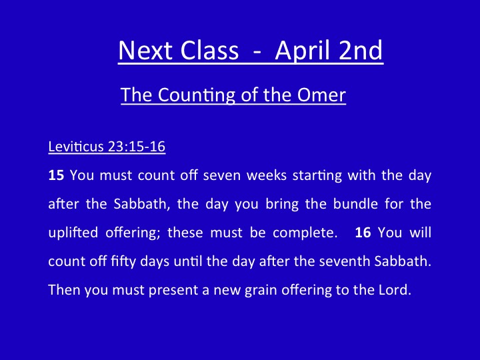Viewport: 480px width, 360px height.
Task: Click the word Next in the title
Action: [x=144, y=50]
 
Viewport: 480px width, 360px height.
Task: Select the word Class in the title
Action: [x=209, y=50]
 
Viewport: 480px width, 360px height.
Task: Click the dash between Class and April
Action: [x=257, y=52]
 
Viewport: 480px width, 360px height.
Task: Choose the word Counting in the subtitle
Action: [x=196, y=95]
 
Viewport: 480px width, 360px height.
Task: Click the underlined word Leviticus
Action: [x=76, y=146]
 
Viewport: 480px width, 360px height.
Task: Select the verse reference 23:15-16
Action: [x=137, y=146]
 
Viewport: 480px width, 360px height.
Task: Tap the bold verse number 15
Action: [x=56, y=175]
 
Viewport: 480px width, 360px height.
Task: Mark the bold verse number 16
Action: [x=363, y=233]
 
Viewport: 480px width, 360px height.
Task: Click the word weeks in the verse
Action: [x=266, y=175]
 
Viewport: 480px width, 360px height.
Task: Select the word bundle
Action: [x=355, y=203]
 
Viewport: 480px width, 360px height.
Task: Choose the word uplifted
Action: [x=73, y=233]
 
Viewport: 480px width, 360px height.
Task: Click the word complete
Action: [x=305, y=233]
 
